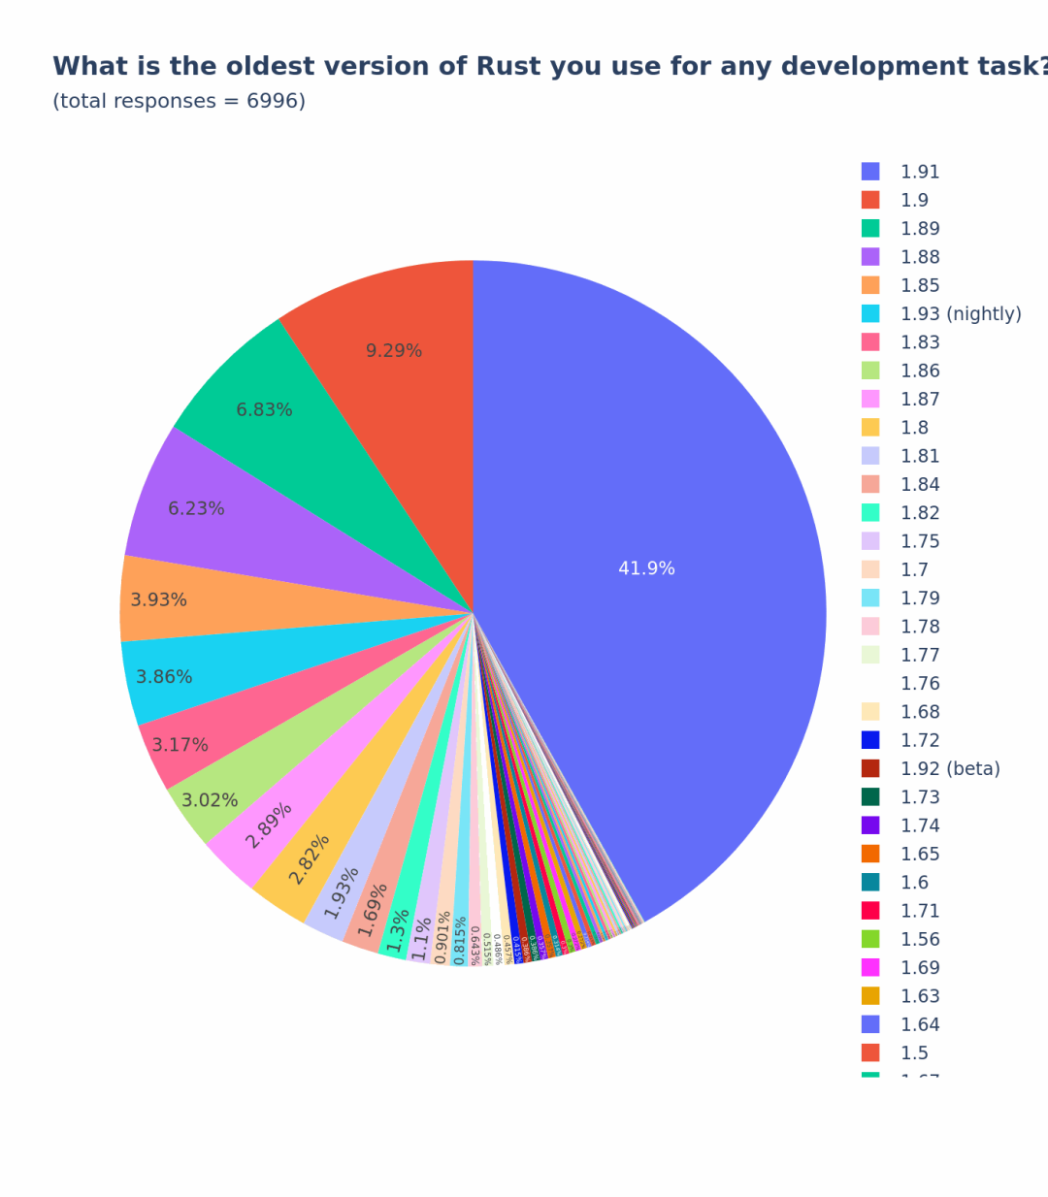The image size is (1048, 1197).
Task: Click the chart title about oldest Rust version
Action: (x=549, y=66)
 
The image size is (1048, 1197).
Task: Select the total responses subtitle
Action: (x=179, y=101)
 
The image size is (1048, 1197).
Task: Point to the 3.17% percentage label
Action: (x=180, y=745)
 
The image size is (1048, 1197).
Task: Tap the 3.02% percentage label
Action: (x=210, y=800)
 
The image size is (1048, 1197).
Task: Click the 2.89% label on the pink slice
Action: (x=268, y=825)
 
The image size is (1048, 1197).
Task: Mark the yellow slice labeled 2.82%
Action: (x=309, y=858)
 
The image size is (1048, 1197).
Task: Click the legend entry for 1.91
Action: (x=919, y=172)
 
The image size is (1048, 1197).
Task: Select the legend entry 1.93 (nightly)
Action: (x=960, y=314)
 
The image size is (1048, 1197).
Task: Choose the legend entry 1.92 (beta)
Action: (x=949, y=769)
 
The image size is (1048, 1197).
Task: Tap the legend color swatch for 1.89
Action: (x=870, y=229)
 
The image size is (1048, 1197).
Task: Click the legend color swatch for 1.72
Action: (x=870, y=740)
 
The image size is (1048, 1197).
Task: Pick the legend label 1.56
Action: (x=919, y=940)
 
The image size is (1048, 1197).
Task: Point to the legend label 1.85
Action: (x=919, y=286)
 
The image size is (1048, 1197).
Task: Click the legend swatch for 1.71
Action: (x=870, y=911)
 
